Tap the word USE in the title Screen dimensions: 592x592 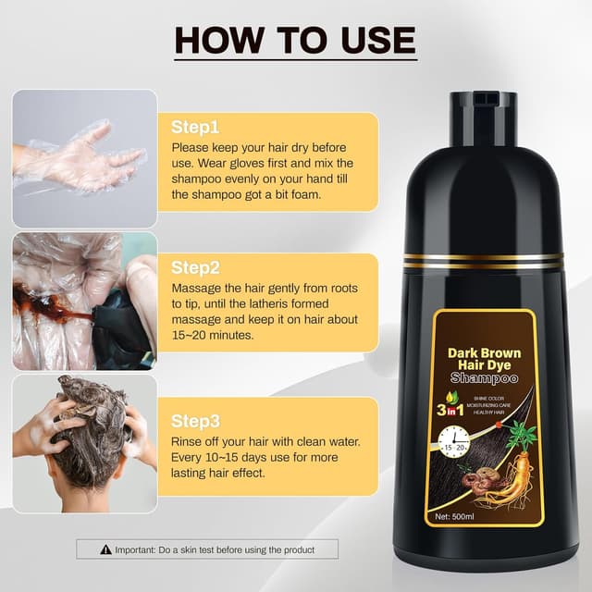370,40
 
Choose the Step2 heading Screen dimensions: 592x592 195,267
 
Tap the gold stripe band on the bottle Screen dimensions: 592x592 485,261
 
